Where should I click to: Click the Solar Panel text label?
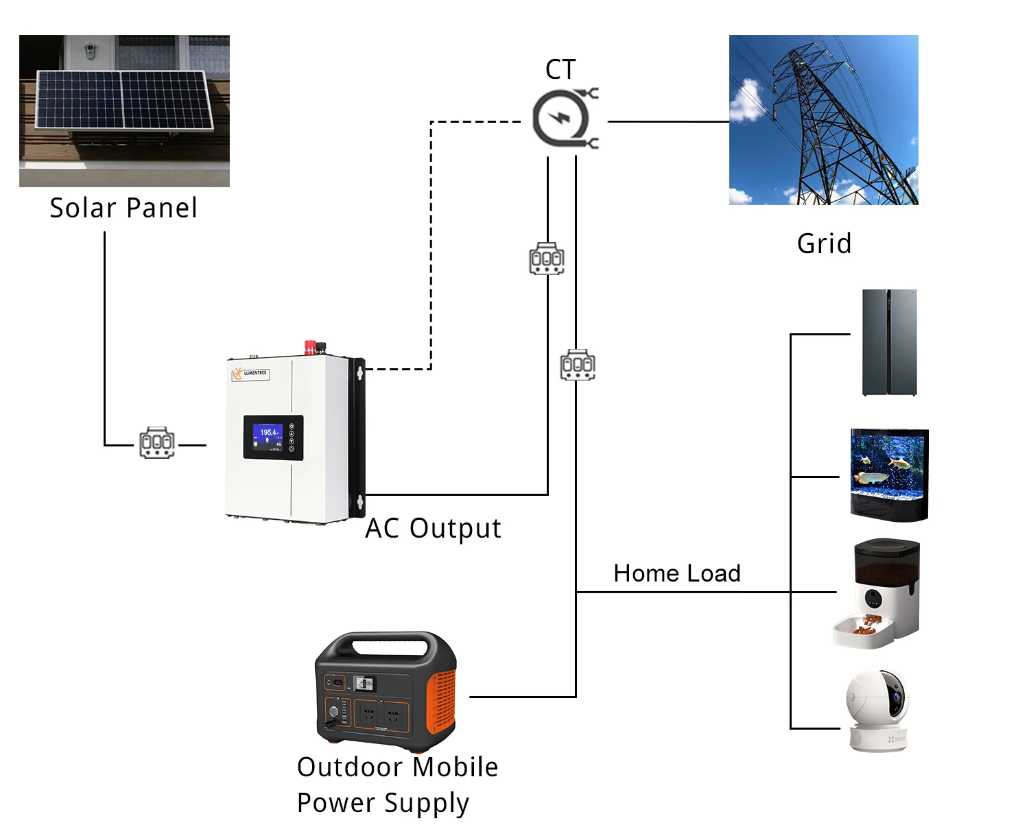pos(123,208)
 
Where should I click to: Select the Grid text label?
pos(824,243)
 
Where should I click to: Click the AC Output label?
pos(433,528)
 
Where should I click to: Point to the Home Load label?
pos(676,573)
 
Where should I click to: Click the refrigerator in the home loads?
pos(889,342)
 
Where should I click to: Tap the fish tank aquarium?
pos(889,475)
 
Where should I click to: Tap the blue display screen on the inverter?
pos(268,437)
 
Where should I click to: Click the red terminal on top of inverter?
pos(310,347)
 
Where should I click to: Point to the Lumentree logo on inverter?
pos(250,373)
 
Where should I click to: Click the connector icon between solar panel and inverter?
pos(157,443)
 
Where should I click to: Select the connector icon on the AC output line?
pos(547,259)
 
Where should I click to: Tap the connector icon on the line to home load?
pos(578,365)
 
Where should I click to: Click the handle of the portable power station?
pos(386,643)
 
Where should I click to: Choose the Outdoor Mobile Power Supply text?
pos(397,785)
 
